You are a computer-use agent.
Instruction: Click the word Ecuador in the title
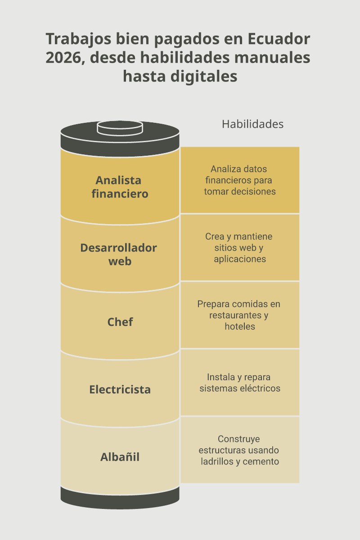pos(279,39)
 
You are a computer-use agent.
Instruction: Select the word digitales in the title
pos(204,76)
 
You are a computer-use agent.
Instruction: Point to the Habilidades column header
pos(252,124)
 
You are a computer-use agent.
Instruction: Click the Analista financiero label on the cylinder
pos(120,187)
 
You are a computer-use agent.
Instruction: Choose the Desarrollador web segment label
pos(119,254)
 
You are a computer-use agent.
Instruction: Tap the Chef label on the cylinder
pos(120,322)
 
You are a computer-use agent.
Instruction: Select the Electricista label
pos(120,389)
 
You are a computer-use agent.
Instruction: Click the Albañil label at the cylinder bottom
pos(120,457)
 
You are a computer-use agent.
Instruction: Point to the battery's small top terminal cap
pos(120,128)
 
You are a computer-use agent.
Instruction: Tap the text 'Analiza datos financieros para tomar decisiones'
pos(240,180)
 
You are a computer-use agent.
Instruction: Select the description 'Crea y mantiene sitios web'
pos(238,242)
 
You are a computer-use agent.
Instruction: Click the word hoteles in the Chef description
pos(240,326)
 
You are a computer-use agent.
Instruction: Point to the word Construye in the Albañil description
pos(238,439)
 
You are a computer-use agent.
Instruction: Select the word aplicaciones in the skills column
pos(240,259)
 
